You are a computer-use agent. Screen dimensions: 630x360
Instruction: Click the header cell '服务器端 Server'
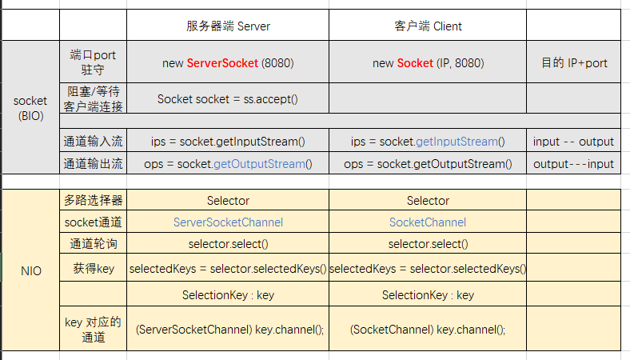tap(228, 26)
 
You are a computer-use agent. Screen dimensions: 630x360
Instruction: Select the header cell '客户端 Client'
tap(428, 26)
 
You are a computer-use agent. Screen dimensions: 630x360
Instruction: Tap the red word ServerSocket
tap(222, 63)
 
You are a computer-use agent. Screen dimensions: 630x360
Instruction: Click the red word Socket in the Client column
tap(415, 63)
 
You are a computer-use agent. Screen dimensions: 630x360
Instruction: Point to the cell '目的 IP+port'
tap(574, 62)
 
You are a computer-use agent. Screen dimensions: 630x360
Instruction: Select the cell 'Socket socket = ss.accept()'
tap(227, 99)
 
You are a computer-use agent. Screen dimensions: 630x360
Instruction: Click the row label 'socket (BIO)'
tap(30, 108)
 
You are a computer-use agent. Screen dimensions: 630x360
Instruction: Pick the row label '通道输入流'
tap(93, 141)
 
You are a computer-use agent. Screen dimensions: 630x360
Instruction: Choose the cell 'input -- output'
tap(573, 142)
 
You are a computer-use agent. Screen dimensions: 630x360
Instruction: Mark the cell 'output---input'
tap(573, 164)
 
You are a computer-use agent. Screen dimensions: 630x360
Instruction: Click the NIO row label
tap(31, 270)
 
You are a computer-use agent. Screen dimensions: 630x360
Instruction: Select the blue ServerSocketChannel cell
tap(228, 222)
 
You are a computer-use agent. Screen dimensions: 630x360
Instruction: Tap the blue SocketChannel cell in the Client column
tap(428, 222)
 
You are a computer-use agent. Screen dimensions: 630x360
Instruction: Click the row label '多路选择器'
tap(93, 200)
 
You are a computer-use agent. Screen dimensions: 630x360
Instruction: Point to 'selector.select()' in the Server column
tap(228, 244)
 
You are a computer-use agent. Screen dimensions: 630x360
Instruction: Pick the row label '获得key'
tap(94, 268)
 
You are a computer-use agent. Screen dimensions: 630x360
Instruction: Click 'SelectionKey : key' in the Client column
tap(428, 295)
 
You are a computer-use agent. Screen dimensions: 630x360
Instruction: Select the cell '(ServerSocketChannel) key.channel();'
tap(229, 330)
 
